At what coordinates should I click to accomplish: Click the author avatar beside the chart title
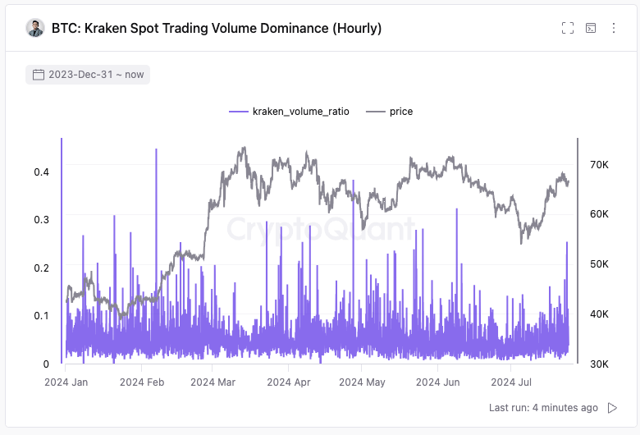[x=35, y=28]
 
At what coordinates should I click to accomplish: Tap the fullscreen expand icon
[x=567, y=29]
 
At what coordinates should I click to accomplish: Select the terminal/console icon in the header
[x=590, y=29]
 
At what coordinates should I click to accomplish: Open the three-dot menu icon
[x=613, y=29]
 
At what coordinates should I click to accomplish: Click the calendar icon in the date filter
[x=38, y=75]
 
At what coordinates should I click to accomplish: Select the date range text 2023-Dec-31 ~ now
[x=96, y=75]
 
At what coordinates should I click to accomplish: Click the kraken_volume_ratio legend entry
[x=289, y=112]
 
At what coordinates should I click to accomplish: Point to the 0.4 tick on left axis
[x=41, y=172]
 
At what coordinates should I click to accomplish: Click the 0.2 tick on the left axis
[x=41, y=268]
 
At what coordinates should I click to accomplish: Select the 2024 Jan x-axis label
[x=66, y=382]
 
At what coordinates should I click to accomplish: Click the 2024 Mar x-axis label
[x=213, y=382]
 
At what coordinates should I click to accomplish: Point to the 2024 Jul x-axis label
[x=511, y=382]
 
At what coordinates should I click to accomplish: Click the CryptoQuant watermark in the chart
[x=320, y=228]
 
